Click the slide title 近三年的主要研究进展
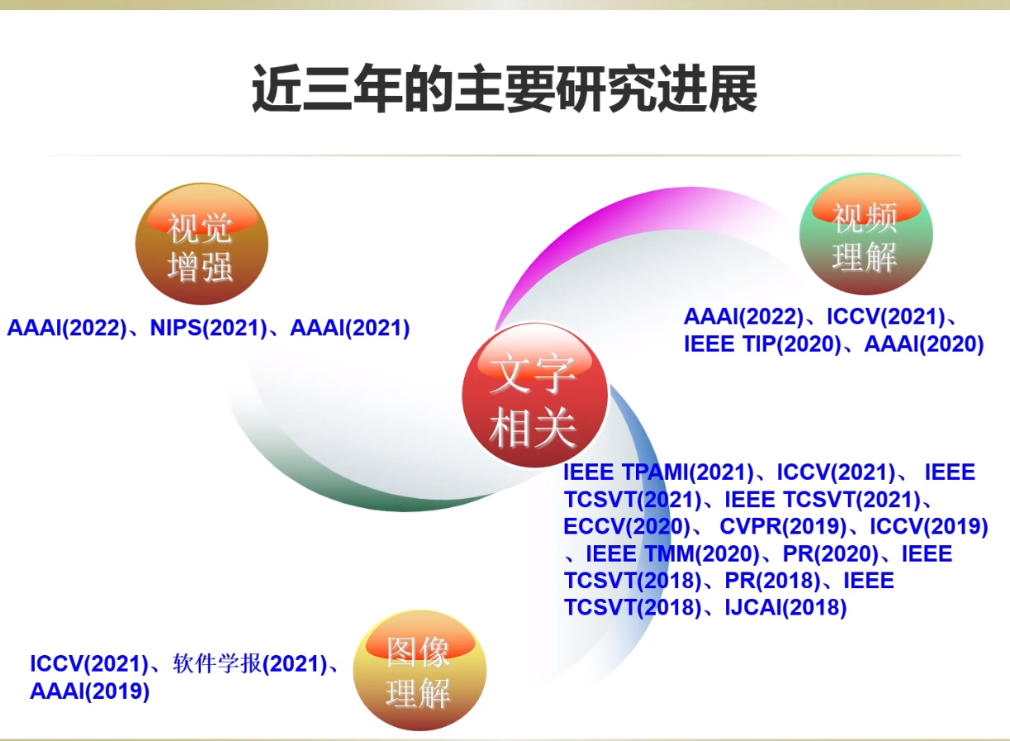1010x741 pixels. (x=504, y=89)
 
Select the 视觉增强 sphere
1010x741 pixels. (x=202, y=243)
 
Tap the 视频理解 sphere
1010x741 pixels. (x=865, y=234)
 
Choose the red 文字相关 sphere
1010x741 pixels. (x=535, y=395)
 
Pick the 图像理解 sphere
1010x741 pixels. (x=420, y=670)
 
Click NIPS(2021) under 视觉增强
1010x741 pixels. (x=208, y=328)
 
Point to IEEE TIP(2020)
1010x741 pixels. (x=762, y=344)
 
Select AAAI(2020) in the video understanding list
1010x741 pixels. (x=924, y=344)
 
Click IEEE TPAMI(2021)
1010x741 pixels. (x=659, y=473)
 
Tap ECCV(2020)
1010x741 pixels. (x=627, y=526)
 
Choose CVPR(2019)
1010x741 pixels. (x=783, y=526)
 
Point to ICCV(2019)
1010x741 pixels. (x=929, y=526)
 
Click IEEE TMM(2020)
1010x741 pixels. (x=673, y=553)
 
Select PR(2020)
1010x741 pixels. (x=831, y=553)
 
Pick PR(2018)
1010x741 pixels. (x=772, y=581)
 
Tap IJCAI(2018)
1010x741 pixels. (x=785, y=607)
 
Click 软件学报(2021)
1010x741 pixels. (x=249, y=664)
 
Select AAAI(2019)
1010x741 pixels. (x=89, y=691)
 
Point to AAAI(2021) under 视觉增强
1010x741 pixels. (x=350, y=328)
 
